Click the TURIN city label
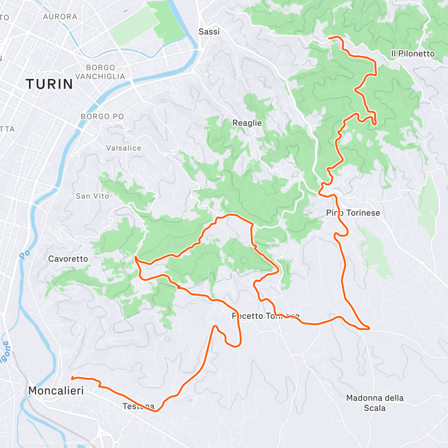point(49,84)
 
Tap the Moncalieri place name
point(56,391)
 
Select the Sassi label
point(209,32)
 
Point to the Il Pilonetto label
point(413,54)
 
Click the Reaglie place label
point(247,123)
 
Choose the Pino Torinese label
point(353,213)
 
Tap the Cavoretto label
point(68,259)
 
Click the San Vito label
point(92,196)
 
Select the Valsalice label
point(124,148)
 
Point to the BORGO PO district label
point(102,116)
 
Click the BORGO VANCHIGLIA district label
point(100,72)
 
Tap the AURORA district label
point(60,17)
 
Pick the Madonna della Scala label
point(375,403)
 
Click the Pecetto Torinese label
point(265,316)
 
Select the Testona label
point(138,406)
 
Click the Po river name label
point(25,255)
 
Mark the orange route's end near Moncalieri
point(72,378)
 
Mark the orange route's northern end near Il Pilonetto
point(329,38)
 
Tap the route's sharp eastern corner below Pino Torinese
point(369,329)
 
